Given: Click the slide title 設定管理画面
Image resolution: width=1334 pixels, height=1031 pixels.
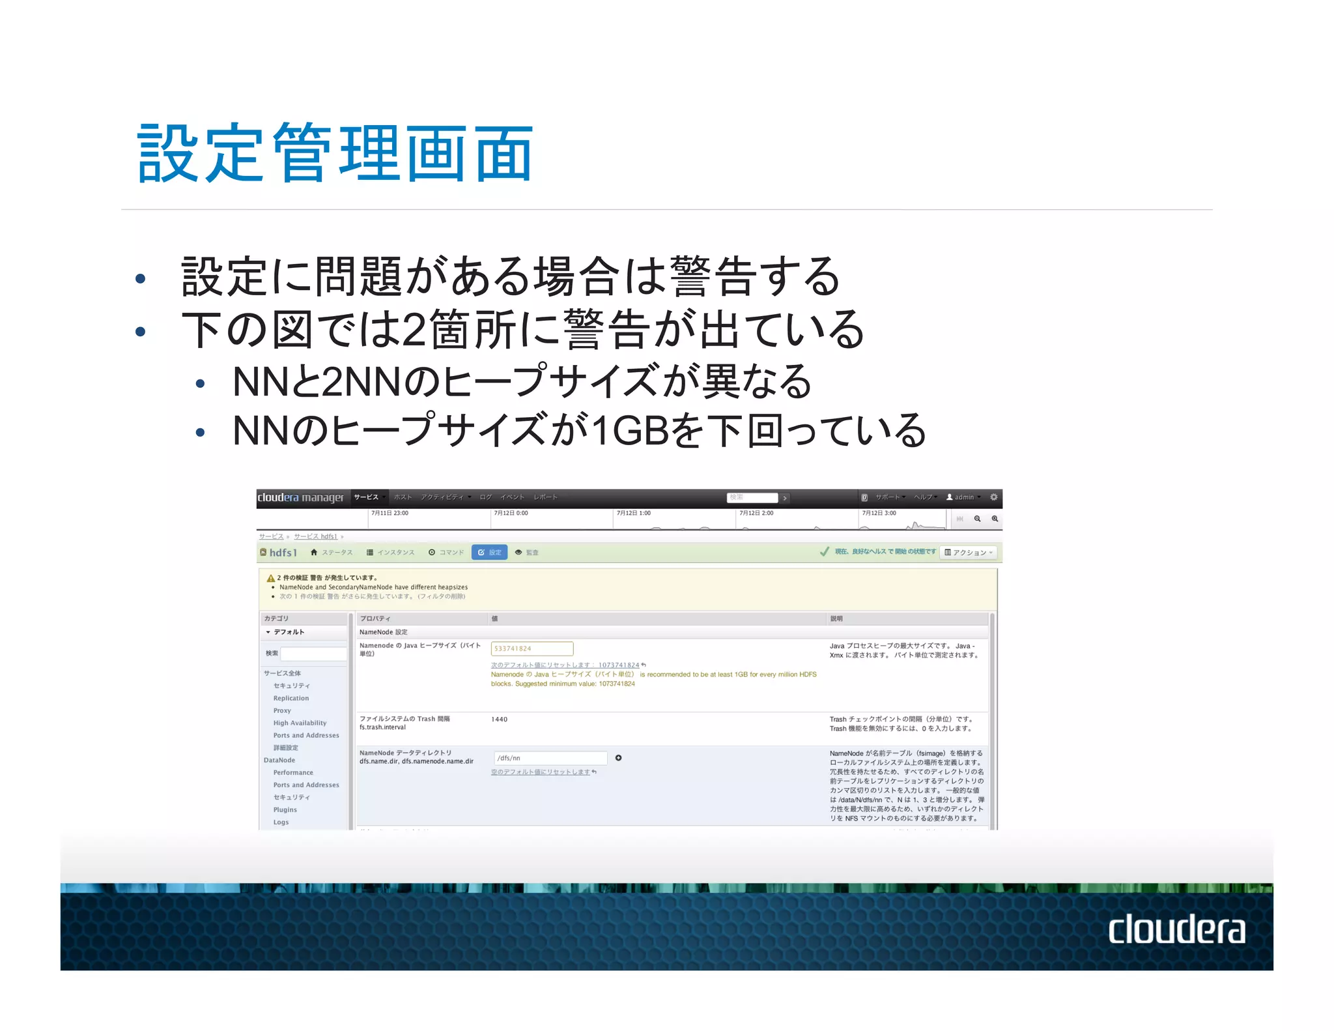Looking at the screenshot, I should pyautogui.click(x=335, y=154).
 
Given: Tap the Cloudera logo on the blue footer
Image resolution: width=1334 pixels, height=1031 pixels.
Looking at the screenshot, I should pyautogui.click(x=1176, y=929).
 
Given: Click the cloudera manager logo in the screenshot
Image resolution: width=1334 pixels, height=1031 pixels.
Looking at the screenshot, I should pyautogui.click(x=300, y=497).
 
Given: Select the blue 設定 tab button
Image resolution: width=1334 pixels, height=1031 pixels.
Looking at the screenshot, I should pyautogui.click(x=489, y=552).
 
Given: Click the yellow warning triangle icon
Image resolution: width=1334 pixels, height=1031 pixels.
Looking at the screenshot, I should pyautogui.click(x=270, y=578).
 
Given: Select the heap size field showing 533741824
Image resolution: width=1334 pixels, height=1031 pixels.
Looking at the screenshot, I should pyautogui.click(x=532, y=648).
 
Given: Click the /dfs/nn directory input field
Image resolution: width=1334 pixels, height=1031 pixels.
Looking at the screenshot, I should pyautogui.click(x=550, y=758).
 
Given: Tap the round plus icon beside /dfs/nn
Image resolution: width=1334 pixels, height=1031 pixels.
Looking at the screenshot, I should pyautogui.click(x=619, y=758).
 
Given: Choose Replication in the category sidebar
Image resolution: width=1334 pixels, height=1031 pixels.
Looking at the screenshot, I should pyautogui.click(x=291, y=698).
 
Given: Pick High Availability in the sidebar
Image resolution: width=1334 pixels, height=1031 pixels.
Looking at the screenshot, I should pyautogui.click(x=300, y=723).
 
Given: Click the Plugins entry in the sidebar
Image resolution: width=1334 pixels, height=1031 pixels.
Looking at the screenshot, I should pyautogui.click(x=285, y=809).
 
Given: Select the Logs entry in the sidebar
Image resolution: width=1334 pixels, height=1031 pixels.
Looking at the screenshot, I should pyautogui.click(x=281, y=822).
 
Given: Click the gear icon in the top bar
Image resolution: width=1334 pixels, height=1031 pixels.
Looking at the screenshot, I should pyautogui.click(x=993, y=497).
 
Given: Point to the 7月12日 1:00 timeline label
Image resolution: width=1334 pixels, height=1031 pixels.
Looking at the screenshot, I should pyautogui.click(x=633, y=514).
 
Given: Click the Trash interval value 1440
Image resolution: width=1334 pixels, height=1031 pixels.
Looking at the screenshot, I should pyautogui.click(x=499, y=719).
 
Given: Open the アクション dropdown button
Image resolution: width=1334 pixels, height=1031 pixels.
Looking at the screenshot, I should pyautogui.click(x=969, y=553).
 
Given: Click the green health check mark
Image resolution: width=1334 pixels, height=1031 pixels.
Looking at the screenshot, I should pyautogui.click(x=825, y=552).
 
